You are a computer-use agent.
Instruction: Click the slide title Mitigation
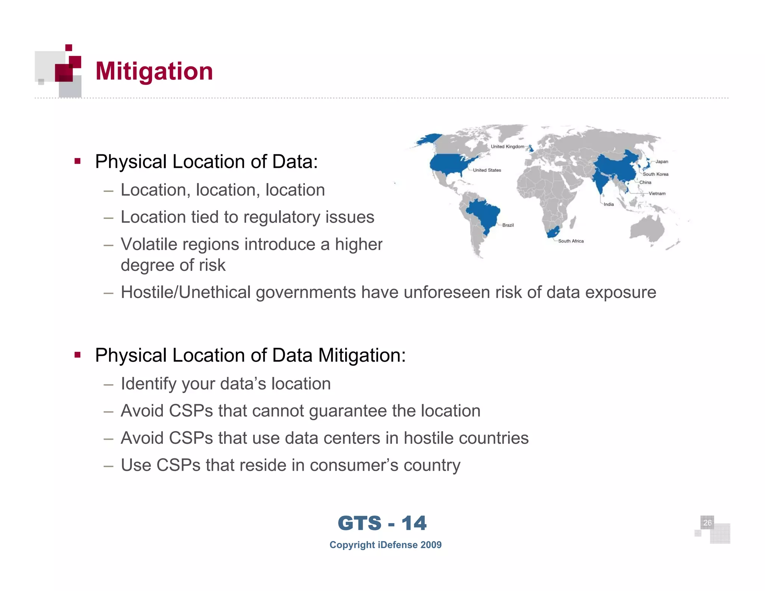(x=154, y=71)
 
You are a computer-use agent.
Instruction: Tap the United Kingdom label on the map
(x=507, y=147)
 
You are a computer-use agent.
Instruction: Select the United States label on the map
(x=487, y=170)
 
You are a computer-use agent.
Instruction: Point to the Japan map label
(x=662, y=162)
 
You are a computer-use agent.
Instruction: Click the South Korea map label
(x=655, y=174)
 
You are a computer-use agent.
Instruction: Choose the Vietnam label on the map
(x=657, y=194)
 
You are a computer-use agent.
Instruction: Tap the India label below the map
(x=608, y=204)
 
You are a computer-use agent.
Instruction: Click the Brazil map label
(x=508, y=225)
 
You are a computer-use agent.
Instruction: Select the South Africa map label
(x=570, y=241)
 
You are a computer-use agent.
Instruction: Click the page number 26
(x=707, y=523)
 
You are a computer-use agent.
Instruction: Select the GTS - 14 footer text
(x=382, y=523)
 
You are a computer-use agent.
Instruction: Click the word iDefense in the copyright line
(x=397, y=545)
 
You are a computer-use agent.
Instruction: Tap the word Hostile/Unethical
(x=185, y=292)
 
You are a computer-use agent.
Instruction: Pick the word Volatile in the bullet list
(x=148, y=244)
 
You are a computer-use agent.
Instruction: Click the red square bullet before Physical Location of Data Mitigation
(x=78, y=355)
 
